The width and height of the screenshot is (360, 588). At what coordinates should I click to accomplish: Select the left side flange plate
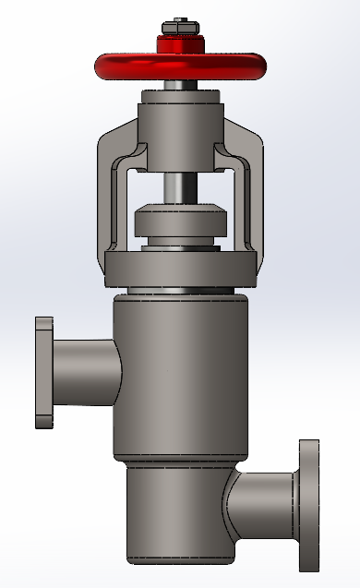(x=43, y=372)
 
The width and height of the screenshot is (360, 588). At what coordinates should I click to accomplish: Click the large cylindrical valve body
(x=180, y=378)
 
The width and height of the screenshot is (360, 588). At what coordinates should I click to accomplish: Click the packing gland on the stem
(x=180, y=224)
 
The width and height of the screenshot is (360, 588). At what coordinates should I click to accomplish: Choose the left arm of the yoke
(x=109, y=194)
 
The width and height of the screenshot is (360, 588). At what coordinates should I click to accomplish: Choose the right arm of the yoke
(x=251, y=194)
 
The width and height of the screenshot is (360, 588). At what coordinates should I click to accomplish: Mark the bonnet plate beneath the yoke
(x=180, y=270)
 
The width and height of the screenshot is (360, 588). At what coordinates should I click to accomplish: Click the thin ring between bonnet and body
(x=180, y=292)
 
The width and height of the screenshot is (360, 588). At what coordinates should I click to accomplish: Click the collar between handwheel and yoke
(x=180, y=92)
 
